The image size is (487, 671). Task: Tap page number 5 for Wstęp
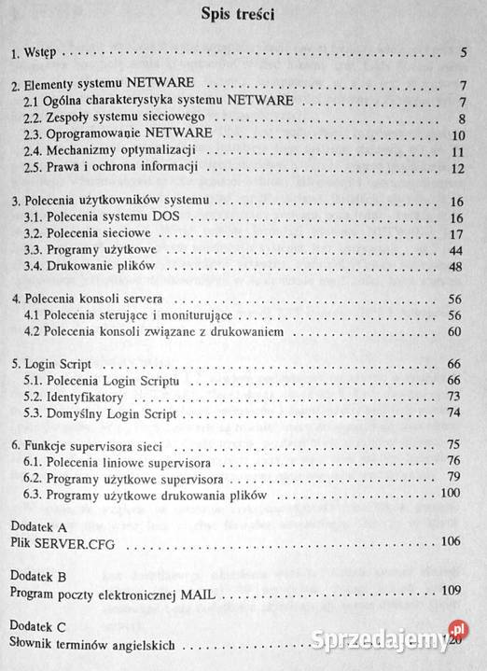tap(463, 52)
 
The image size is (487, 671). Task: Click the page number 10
tap(458, 134)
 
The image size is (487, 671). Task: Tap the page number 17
tap(458, 234)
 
